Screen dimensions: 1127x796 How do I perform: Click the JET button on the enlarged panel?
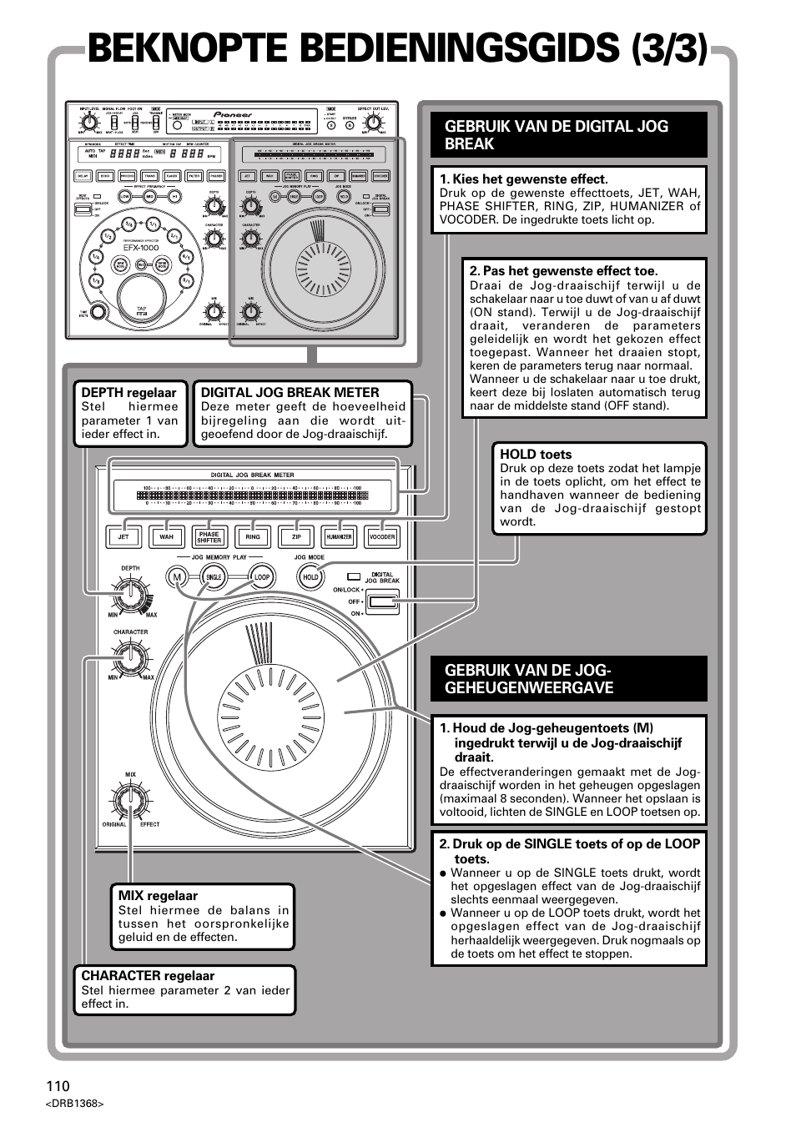pos(123,537)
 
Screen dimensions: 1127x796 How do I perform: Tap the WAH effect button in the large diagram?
pos(166,537)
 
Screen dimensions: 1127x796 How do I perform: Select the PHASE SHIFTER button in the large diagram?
pos(209,537)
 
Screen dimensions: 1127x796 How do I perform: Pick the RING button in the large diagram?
pos(252,537)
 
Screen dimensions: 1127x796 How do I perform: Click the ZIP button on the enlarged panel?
pos(295,537)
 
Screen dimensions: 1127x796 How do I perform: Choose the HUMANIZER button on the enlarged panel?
pos(339,537)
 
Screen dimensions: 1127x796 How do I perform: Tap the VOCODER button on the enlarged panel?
pos(381,537)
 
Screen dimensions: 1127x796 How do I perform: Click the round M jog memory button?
pos(176,577)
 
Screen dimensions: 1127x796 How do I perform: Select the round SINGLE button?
pos(214,577)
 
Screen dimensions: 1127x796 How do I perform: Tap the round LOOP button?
pos(262,577)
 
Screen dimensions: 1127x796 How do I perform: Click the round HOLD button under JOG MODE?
pos(310,577)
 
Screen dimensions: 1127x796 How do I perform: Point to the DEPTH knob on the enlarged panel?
pos(131,595)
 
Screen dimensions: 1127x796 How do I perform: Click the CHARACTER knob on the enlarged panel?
pos(130,658)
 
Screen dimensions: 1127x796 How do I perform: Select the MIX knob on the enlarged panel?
pos(130,801)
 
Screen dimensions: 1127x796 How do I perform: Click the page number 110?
pos(58,1086)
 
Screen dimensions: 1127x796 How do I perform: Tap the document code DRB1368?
pos(75,1104)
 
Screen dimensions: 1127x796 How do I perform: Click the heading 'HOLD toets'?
pos(536,455)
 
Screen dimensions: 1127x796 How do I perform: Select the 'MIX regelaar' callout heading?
pos(158,896)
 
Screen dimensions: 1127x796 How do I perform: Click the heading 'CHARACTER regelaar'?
pos(148,976)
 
